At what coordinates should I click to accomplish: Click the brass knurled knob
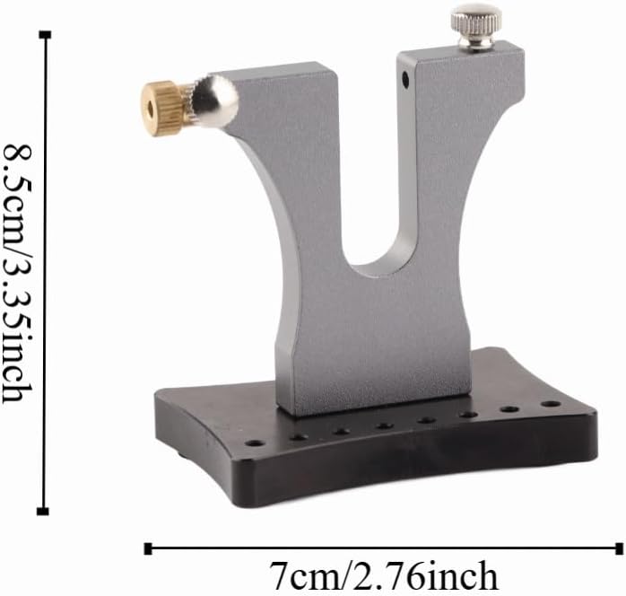point(161,109)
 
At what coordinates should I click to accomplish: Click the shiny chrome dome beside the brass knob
point(216,101)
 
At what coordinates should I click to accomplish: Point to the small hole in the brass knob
point(151,110)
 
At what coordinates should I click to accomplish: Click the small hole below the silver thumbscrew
point(405,80)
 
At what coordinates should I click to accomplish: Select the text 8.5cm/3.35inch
point(17,274)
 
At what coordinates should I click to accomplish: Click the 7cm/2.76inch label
point(384,576)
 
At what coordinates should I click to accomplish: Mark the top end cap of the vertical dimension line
point(45,35)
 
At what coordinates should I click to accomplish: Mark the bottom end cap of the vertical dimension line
point(43,512)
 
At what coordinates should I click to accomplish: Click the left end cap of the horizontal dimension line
point(148,548)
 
